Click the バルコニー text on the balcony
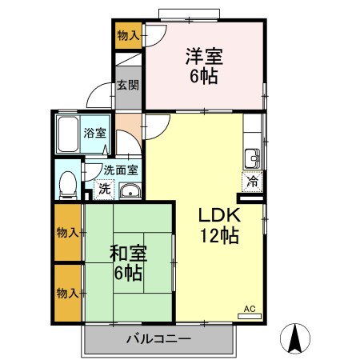click(158, 339)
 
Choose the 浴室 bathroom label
click(94, 133)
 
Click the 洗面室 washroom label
click(120, 170)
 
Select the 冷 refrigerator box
click(251, 181)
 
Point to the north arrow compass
click(295, 339)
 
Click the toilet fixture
click(69, 183)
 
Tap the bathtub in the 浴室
click(69, 132)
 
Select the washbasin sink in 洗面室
click(129, 190)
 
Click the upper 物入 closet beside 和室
click(66, 232)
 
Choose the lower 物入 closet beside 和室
click(66, 293)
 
